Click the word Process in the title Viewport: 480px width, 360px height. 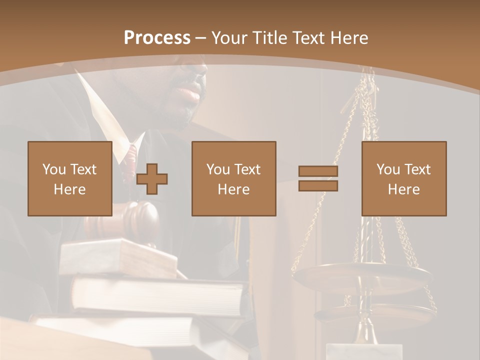click(x=157, y=38)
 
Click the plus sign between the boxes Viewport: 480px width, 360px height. click(x=152, y=179)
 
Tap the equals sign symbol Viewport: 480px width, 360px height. click(x=318, y=178)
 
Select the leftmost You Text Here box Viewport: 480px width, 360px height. click(x=70, y=179)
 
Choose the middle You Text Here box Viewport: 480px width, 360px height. click(x=234, y=179)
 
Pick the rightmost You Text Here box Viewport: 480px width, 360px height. click(x=404, y=179)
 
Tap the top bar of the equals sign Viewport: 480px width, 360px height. click(x=318, y=171)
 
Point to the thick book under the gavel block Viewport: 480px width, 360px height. click(x=160, y=295)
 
